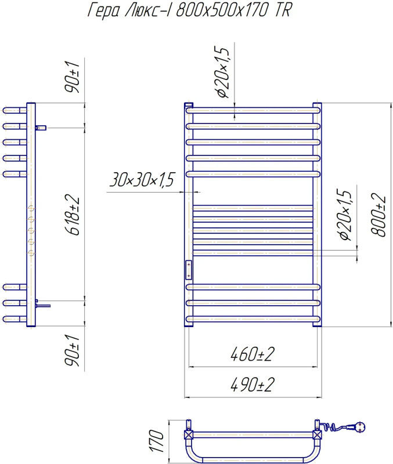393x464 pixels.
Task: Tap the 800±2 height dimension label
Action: click(378, 215)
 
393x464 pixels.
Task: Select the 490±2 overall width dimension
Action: click(253, 385)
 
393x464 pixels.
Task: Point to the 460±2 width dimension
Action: click(253, 354)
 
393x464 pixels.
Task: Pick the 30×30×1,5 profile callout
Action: click(142, 179)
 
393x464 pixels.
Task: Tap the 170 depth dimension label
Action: click(156, 441)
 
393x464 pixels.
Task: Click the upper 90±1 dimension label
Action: click(72, 78)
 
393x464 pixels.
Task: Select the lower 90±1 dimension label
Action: click(72, 351)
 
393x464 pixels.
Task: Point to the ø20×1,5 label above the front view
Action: click(223, 72)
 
